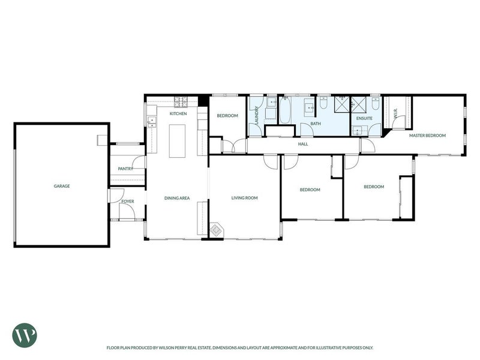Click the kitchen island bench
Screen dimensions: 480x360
(x=177, y=141)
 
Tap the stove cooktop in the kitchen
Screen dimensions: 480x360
(x=181, y=102)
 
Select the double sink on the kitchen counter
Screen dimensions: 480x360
(x=152, y=122)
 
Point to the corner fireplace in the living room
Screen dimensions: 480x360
(x=217, y=230)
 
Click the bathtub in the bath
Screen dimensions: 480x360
(x=284, y=110)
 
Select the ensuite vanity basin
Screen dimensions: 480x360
(x=359, y=130)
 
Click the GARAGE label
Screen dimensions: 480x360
(x=62, y=186)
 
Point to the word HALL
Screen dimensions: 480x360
(x=303, y=144)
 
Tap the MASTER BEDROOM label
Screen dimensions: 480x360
(x=427, y=136)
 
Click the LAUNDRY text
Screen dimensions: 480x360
(x=257, y=115)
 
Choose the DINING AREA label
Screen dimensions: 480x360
(x=177, y=198)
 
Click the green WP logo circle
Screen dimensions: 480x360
(x=25, y=335)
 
